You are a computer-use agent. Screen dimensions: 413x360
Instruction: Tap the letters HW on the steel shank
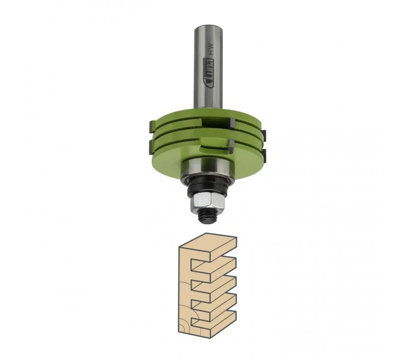point(210,50)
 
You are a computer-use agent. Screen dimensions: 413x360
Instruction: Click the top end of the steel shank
point(208,26)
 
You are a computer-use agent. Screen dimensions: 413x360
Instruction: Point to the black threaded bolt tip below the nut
point(207,217)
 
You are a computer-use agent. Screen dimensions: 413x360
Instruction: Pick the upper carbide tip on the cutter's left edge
point(151,127)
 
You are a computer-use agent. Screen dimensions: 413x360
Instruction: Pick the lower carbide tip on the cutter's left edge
point(151,146)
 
